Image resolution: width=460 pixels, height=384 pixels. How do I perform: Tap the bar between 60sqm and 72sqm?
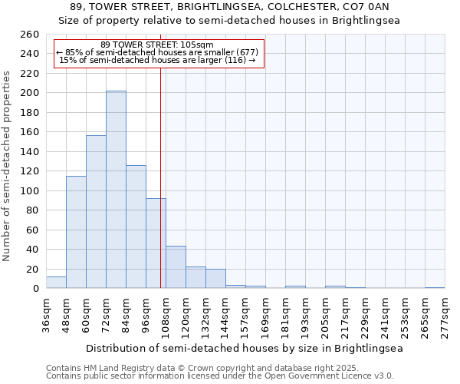coord(96,212)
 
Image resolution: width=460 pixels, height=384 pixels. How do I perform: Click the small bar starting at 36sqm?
coord(56,283)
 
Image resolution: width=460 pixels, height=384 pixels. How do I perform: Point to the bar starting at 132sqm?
coord(215,279)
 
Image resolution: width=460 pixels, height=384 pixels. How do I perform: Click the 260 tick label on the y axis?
coord(29,35)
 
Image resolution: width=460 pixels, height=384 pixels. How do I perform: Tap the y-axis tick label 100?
coord(29,191)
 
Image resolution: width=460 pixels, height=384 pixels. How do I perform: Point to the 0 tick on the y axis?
coord(35,289)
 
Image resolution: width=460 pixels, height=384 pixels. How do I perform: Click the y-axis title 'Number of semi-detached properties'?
coord(8,166)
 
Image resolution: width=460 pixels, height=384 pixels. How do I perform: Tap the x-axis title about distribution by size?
coord(245,348)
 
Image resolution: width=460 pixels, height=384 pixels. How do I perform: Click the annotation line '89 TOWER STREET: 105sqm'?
coord(157,45)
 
